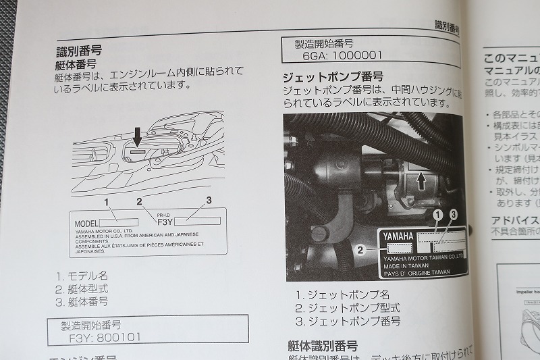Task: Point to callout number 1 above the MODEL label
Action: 105,201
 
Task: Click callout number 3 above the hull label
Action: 209,200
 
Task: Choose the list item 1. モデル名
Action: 82,276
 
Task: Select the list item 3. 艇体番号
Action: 82,301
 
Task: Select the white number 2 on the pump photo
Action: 361,249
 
